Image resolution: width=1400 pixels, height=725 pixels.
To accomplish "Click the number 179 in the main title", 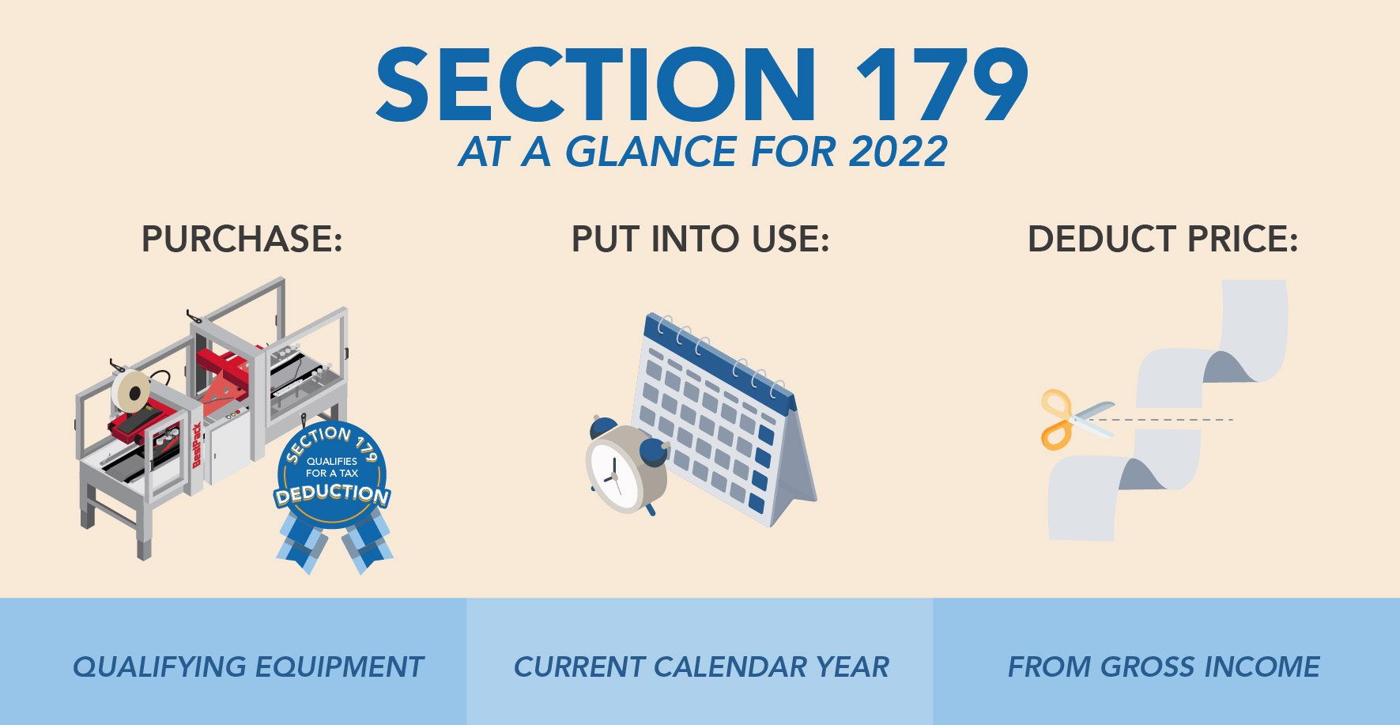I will [x=942, y=85].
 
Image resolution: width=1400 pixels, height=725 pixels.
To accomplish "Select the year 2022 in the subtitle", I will [x=898, y=152].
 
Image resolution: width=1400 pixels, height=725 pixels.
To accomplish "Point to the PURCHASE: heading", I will [x=242, y=240].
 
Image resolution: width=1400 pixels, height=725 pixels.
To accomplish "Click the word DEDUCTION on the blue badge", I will [x=332, y=494].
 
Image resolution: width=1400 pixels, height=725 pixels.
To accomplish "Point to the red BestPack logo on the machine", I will [x=197, y=447].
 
